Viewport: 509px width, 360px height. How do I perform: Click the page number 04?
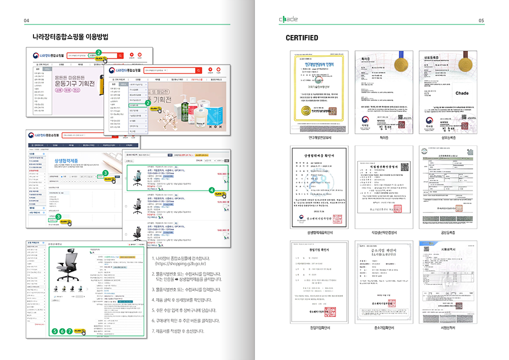[26, 21]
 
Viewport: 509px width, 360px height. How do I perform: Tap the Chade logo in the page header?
[289, 20]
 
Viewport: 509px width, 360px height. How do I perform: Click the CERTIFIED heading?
[302, 38]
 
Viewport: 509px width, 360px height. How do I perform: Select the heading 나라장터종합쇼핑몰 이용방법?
[70, 38]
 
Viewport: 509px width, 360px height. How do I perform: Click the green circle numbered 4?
[211, 190]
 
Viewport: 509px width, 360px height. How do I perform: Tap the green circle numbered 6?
[62, 331]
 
